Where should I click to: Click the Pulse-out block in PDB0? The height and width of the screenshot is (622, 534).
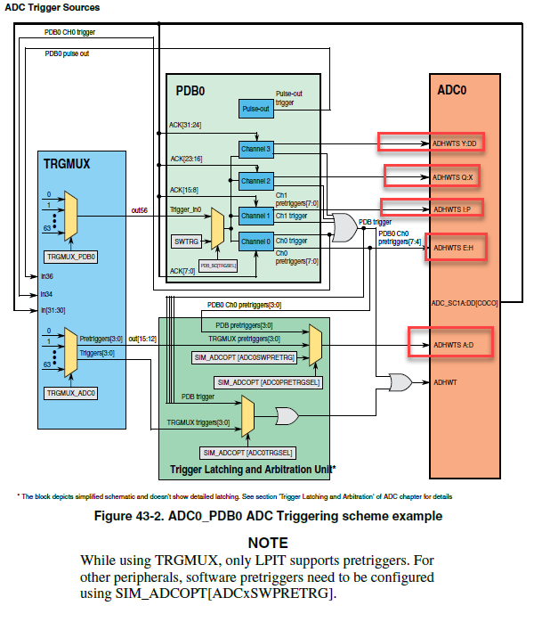click(255, 109)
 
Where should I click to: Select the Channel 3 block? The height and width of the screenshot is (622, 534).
click(255, 148)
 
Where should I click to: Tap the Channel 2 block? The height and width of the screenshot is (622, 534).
click(255, 181)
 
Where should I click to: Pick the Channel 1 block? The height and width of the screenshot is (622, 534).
click(255, 216)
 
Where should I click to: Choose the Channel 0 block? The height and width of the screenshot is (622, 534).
click(255, 241)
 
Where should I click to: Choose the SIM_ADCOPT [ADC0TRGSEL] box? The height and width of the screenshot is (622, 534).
click(248, 453)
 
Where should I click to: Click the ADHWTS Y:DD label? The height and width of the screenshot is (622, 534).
click(454, 143)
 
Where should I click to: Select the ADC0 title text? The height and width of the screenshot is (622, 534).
click(452, 90)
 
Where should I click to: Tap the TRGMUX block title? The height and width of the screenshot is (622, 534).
click(68, 164)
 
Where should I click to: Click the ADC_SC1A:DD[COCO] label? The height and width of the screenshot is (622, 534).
click(464, 302)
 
